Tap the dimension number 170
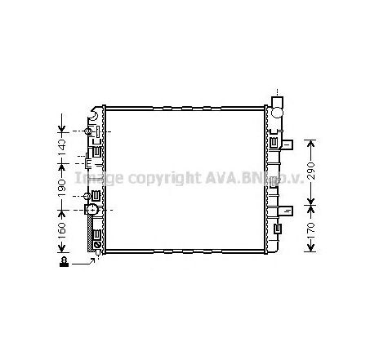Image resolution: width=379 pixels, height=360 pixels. (310, 231)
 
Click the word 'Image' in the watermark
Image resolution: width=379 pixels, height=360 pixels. (97, 177)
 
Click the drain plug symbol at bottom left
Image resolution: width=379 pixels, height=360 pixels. (62, 262)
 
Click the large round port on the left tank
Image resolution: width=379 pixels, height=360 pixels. (92, 211)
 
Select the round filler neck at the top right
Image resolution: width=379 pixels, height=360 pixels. (278, 106)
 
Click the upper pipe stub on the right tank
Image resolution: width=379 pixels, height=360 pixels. (288, 144)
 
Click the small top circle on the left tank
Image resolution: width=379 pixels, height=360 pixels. (89, 131)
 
